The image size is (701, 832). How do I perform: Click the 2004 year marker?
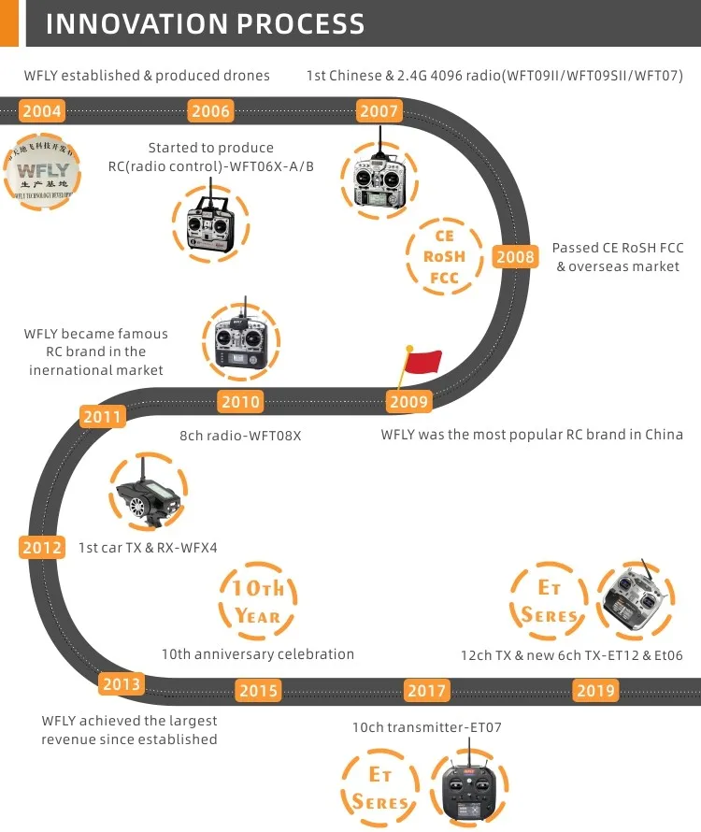(42, 111)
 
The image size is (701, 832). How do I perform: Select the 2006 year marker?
(210, 111)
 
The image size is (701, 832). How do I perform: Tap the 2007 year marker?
(379, 111)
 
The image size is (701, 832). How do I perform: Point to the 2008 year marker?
(515, 257)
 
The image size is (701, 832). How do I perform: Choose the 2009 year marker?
(408, 402)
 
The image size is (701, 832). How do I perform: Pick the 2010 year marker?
(241, 402)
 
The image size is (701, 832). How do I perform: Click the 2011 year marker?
(103, 416)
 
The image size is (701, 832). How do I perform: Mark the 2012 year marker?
(42, 548)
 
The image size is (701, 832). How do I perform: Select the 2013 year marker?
(122, 684)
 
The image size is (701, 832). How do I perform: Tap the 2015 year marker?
(258, 691)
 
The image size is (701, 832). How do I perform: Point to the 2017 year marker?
(427, 691)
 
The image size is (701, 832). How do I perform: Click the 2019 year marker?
(595, 691)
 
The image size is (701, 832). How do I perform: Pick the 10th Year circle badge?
(258, 601)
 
